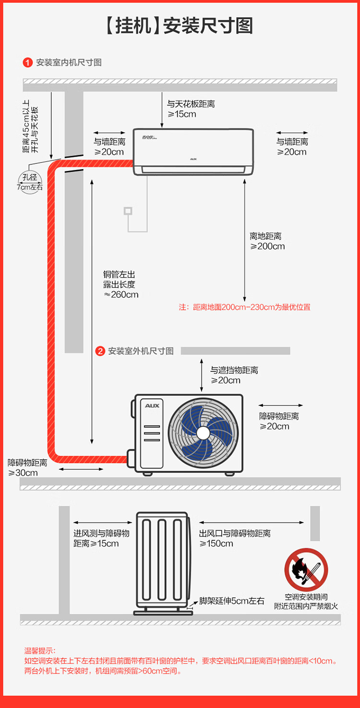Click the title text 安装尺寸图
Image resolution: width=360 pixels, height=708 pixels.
coord(208,26)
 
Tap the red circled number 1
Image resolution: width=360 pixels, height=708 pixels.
coord(28,62)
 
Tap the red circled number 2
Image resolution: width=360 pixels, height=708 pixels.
coord(100,351)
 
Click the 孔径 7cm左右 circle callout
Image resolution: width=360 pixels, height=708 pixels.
coord(30,183)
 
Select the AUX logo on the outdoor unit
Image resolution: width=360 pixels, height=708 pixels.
coord(152,406)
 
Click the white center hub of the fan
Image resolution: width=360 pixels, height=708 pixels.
coord(203,433)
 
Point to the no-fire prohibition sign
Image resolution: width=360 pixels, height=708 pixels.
coord(306,570)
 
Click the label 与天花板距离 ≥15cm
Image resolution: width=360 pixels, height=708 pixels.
coord(191,109)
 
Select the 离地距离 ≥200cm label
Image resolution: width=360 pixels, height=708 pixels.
coord(267,241)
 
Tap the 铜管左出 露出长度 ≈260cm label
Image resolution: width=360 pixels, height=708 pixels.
coord(120,284)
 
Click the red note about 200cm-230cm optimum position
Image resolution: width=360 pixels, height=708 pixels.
coord(245,307)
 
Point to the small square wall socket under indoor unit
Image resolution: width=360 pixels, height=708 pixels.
coord(128,210)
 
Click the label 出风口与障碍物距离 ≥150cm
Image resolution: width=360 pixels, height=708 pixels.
coord(235,538)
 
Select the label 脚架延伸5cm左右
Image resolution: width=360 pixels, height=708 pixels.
coord(231,601)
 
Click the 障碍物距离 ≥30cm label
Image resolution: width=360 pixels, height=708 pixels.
coord(27,467)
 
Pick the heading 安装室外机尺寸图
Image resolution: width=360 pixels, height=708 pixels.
coord(141,351)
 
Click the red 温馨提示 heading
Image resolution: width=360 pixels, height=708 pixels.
coord(40,651)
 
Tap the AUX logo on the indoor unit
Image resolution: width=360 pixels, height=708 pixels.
coord(193,159)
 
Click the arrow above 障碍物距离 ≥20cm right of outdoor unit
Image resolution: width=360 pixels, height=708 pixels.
coord(281,406)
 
